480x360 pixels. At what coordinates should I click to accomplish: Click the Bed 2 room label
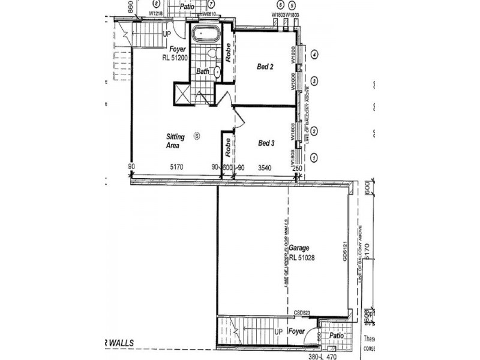266,67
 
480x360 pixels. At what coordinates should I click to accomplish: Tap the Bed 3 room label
266,143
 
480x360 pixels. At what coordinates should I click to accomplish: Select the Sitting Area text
175,141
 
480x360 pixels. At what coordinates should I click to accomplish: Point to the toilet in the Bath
212,54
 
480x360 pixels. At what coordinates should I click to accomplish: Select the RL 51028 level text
302,258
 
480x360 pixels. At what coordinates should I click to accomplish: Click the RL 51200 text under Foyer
175,58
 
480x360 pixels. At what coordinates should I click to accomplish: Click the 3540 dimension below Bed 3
266,167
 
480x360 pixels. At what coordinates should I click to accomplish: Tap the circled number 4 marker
314,54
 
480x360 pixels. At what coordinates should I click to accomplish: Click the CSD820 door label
302,313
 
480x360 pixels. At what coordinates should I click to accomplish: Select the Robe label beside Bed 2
229,53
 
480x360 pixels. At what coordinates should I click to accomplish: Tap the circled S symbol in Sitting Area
196,136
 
